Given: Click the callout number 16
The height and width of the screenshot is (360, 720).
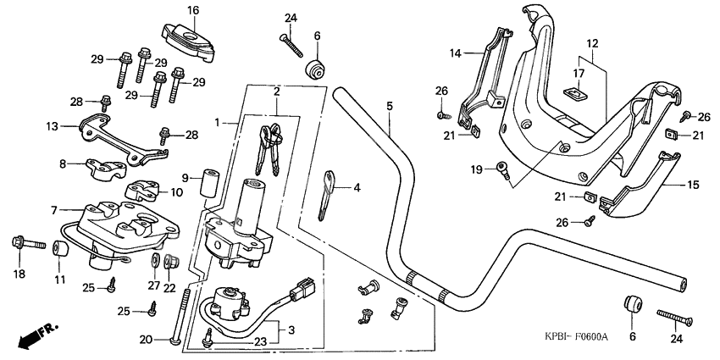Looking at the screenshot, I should pos(193,10).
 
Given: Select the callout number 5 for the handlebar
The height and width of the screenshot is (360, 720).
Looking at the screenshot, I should pos(390,106).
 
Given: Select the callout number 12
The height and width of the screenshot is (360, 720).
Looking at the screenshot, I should pos(592,42).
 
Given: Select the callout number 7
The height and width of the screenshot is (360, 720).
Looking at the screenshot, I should pos(55,209).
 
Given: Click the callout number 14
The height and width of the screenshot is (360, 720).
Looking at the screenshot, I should pos(456,53).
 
